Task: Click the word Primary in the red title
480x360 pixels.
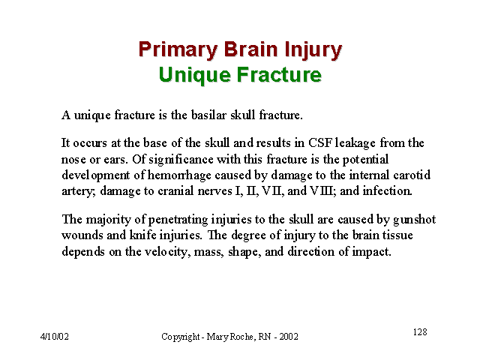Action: pos(178,49)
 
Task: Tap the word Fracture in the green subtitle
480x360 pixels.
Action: pos(279,75)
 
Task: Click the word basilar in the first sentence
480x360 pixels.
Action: pos(208,115)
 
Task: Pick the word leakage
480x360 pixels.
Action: pos(355,143)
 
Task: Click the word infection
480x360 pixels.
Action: pos(387,191)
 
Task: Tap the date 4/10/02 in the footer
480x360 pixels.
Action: pos(55,337)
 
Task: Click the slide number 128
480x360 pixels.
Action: pos(420,331)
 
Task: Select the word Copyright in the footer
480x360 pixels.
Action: pos(180,337)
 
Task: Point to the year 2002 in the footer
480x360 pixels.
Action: pos(289,337)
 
